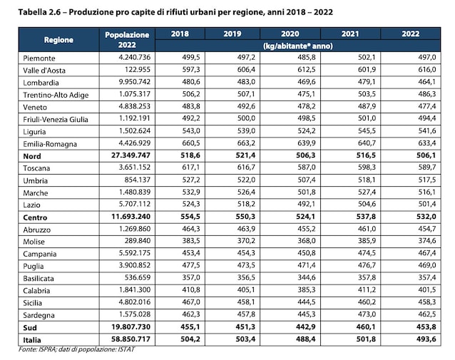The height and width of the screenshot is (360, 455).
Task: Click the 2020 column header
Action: [x=290, y=34]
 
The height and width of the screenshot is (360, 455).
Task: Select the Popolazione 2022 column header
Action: [x=127, y=40]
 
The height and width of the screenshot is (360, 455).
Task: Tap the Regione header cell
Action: [x=58, y=40]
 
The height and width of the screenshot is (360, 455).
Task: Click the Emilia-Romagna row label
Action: [x=50, y=144]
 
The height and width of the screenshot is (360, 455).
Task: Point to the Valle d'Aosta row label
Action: [x=44, y=70]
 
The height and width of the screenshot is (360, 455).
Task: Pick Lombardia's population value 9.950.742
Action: [x=135, y=82]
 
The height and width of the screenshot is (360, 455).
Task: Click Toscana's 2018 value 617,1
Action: [x=191, y=168]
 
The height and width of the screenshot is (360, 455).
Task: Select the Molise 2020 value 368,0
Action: [x=306, y=241]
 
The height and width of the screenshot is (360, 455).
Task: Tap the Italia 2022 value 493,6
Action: [x=426, y=339]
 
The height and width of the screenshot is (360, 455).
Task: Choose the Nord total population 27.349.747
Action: [x=131, y=155]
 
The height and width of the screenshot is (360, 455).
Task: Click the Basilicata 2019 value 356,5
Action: [x=246, y=277]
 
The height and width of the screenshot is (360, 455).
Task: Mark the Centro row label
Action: [x=35, y=217]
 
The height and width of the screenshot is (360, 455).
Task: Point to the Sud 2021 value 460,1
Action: [x=366, y=327]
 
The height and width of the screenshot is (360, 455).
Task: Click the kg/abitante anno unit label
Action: [x=297, y=46]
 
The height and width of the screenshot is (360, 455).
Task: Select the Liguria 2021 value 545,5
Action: [x=367, y=131]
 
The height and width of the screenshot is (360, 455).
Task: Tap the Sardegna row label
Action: [x=39, y=315]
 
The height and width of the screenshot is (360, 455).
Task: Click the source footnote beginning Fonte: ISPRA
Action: [x=76, y=349]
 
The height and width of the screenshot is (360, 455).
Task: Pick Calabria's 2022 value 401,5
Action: [x=427, y=290]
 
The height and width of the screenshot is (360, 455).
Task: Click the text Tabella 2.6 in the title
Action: [x=39, y=12]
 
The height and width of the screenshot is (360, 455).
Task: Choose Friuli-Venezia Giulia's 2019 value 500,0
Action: [x=246, y=118]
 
